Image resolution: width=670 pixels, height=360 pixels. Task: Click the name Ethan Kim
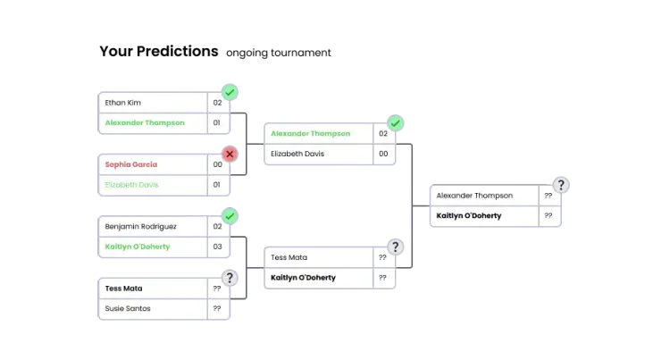[122, 103]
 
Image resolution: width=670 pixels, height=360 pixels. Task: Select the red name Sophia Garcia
[130, 164]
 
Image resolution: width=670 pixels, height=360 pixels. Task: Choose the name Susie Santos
[127, 308]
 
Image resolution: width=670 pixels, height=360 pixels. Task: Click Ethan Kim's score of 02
[217, 103]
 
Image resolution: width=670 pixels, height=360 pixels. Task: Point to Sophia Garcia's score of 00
[217, 164]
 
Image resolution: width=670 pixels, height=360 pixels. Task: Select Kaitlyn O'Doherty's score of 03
[217, 247]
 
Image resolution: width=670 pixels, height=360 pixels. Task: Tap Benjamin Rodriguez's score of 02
[217, 227]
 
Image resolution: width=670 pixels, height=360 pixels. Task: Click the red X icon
[230, 154]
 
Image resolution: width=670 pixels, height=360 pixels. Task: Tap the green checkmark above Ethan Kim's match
[230, 92]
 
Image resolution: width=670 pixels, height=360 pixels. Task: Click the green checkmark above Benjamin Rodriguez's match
[230, 216]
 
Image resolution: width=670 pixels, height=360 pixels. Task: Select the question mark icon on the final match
[560, 185]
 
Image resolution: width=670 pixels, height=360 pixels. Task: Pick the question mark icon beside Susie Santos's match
[230, 278]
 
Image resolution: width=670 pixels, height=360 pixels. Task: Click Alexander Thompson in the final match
[474, 196]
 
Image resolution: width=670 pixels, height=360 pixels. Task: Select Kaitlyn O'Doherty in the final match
[469, 215]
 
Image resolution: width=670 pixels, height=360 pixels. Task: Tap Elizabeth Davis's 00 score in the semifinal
[383, 154]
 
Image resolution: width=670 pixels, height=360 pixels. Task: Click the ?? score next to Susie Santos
[217, 308]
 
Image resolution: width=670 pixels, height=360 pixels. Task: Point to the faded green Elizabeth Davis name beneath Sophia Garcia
[132, 185]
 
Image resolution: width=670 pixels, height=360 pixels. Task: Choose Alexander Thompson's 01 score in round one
[217, 122]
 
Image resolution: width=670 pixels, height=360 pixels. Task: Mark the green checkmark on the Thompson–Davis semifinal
[396, 123]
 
